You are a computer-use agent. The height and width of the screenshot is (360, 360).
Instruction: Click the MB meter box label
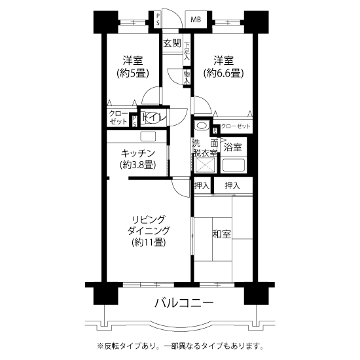[196, 20]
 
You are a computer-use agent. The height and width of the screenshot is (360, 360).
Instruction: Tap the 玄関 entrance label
[172, 43]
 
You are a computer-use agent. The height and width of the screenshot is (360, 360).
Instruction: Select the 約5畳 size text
[133, 73]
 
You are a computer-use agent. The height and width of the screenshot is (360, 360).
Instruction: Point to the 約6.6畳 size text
[223, 73]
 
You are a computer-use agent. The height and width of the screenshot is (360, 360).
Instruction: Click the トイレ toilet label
[154, 117]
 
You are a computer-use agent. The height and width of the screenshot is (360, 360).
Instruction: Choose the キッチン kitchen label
[138, 153]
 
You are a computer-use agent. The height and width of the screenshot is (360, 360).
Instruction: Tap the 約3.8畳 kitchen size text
[138, 165]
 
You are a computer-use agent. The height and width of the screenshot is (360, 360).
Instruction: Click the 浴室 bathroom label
[232, 147]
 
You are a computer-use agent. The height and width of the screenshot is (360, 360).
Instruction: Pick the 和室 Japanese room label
[221, 234]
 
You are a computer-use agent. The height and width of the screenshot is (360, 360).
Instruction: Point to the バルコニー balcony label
[184, 303]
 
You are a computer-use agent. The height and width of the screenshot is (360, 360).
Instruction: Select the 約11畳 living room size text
[149, 242]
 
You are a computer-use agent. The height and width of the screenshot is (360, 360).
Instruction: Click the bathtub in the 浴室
[234, 165]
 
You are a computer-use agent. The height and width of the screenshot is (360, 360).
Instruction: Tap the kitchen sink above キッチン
[148, 137]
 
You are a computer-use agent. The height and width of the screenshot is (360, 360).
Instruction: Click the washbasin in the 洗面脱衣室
[202, 126]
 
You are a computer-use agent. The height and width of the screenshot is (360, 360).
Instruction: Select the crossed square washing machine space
[206, 165]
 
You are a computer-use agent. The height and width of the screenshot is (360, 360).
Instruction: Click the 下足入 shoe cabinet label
[187, 51]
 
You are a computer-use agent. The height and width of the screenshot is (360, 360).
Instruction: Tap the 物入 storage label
[187, 77]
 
